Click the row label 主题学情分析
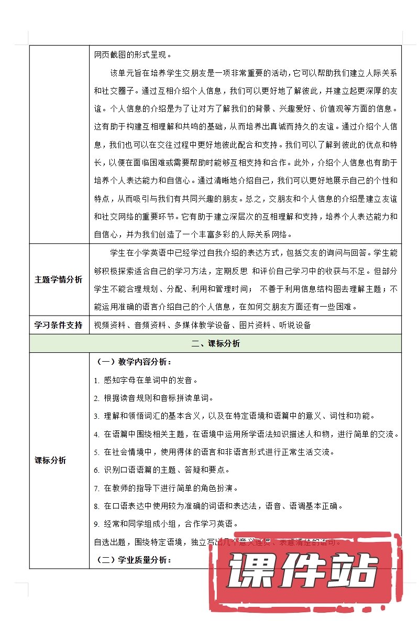click(x=59, y=280)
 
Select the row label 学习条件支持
click(x=59, y=325)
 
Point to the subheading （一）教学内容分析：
click(x=134, y=362)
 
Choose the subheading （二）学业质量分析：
click(x=134, y=560)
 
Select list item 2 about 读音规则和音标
click(x=157, y=398)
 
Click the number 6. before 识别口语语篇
click(x=97, y=470)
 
